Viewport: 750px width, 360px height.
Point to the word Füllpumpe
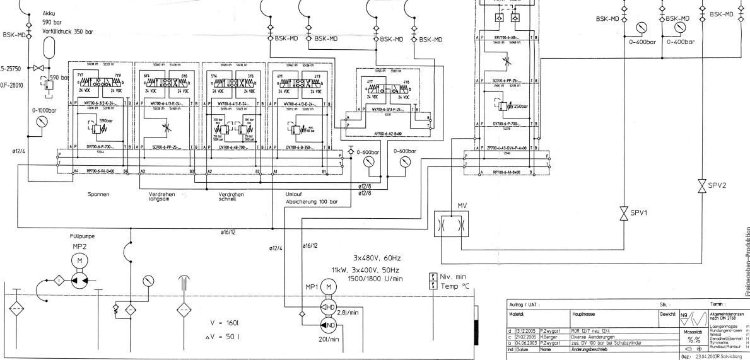[x=82, y=238]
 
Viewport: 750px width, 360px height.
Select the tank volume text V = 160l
[x=233, y=323]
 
